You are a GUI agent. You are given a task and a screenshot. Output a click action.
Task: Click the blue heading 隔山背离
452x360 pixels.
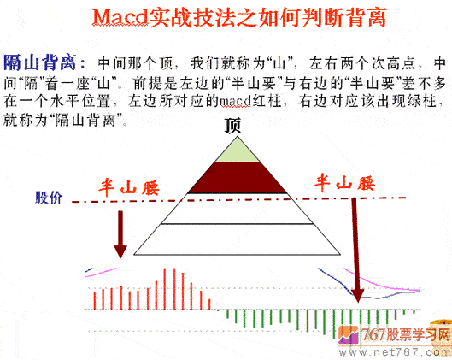point(44,62)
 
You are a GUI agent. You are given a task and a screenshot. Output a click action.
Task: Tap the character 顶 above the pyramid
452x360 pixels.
point(232,126)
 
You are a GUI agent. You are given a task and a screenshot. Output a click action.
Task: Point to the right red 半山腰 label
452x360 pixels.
point(345,182)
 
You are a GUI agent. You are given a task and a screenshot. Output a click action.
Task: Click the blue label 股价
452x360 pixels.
point(49,198)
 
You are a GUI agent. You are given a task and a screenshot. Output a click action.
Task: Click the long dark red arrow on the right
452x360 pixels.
point(356,248)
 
